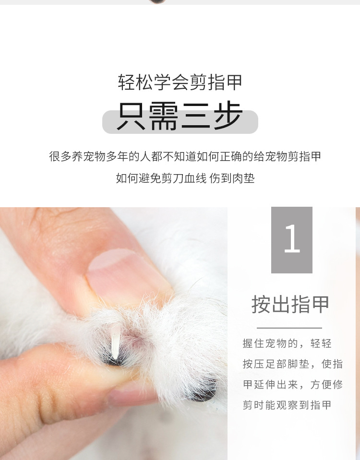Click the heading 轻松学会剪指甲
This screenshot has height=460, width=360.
[x=180, y=82]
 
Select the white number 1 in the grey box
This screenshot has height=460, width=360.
[x=292, y=239]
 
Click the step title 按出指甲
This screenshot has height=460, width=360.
[x=291, y=304]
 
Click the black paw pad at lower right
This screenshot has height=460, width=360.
[x=204, y=391]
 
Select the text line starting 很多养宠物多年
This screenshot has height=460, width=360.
[x=185, y=156]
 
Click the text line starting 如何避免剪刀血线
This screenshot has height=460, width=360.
[x=161, y=178]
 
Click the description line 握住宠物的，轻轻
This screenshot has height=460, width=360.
[x=287, y=343]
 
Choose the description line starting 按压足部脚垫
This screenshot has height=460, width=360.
[x=292, y=364]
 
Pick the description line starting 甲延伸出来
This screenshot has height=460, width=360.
[x=292, y=385]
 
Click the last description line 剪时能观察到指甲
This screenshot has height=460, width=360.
[x=287, y=405]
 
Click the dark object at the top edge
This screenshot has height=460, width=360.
[x=157, y=1]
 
